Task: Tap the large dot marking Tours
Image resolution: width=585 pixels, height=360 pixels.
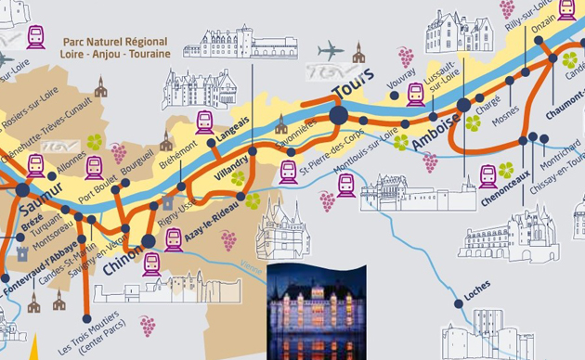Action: (337, 114)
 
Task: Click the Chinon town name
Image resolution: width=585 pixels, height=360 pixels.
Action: (123, 255)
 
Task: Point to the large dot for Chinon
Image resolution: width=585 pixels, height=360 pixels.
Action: (149, 241)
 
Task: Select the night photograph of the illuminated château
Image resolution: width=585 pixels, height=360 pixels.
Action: (317, 312)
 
